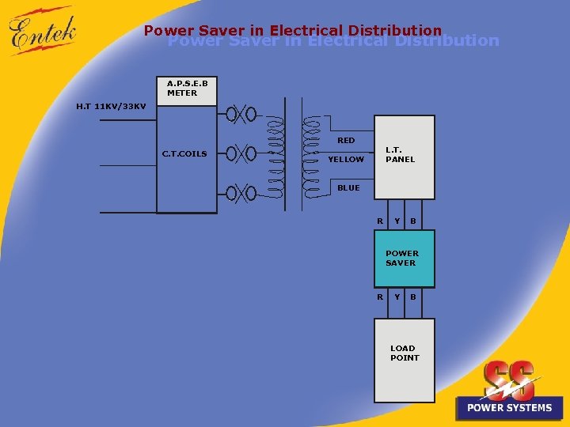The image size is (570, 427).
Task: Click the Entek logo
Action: point(43,32)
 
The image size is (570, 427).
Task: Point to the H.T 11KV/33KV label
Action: point(111,106)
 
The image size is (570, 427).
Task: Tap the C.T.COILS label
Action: point(184,153)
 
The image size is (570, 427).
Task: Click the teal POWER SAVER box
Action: point(404,259)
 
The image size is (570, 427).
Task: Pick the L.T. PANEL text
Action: point(400,154)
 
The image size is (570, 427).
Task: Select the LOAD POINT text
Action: point(404,353)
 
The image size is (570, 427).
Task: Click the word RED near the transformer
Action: point(346,140)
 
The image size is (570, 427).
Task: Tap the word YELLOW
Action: point(346,160)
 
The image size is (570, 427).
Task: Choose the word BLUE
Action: point(348,188)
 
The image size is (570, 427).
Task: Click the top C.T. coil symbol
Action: point(241,114)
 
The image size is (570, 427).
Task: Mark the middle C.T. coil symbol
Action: point(241,153)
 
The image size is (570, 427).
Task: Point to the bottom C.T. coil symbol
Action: point(241,192)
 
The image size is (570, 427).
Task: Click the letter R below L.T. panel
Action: point(380,221)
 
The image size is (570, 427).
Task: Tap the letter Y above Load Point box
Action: point(397,297)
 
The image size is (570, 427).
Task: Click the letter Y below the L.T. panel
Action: point(397,221)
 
